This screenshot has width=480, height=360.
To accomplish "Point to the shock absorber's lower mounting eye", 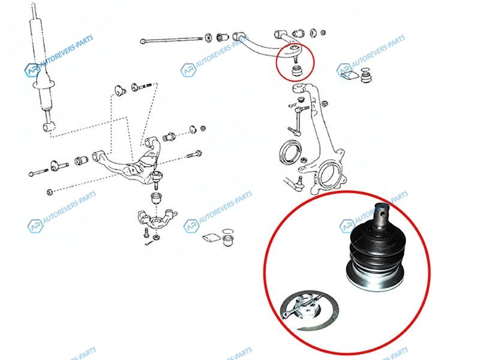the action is [49, 127].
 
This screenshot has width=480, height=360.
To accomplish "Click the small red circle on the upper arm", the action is [295, 62].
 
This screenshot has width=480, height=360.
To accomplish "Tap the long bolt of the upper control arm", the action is [172, 40].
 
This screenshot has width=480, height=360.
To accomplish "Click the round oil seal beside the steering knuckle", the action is [290, 152].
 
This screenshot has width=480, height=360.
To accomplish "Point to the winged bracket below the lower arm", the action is [157, 217].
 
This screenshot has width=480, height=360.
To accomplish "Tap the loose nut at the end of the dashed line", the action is [49, 193].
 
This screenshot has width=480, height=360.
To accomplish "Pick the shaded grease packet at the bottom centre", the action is [212, 238].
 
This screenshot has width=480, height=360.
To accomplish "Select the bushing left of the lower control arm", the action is [82, 160].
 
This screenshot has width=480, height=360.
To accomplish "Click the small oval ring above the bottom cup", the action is [227, 231].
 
